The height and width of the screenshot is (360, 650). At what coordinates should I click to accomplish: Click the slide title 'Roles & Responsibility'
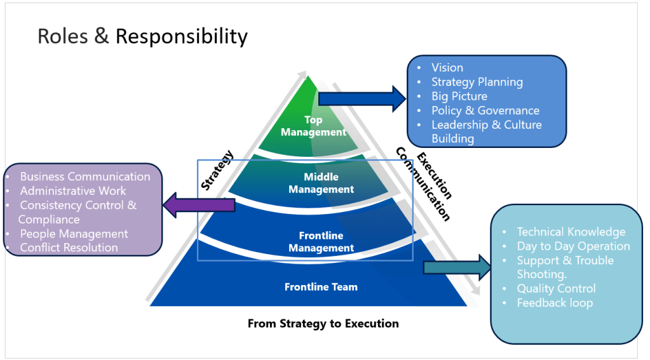[x=142, y=36]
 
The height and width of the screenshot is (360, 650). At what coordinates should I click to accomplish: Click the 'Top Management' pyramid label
[x=313, y=126]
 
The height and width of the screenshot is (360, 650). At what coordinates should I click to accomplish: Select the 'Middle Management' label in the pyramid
[x=321, y=183]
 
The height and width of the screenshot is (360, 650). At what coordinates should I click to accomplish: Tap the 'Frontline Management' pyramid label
[x=321, y=242]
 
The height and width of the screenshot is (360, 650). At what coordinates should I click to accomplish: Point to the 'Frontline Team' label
[x=321, y=287]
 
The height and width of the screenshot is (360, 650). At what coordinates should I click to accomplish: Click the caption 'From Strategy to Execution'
[x=323, y=324]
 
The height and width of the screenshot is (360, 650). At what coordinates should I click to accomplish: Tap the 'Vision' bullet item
[x=447, y=67]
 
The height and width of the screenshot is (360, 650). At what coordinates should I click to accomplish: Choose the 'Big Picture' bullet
[x=459, y=97]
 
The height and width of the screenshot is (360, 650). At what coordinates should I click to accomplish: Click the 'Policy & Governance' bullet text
[x=485, y=110]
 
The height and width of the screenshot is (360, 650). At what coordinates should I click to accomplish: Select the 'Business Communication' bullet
[x=85, y=177]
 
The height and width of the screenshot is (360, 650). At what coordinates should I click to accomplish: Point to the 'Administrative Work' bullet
[x=72, y=190]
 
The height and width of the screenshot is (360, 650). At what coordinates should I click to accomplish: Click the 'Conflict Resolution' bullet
[x=69, y=248]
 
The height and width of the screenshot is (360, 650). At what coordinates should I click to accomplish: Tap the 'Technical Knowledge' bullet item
[x=571, y=232]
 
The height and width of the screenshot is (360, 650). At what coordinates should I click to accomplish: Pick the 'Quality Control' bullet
[x=556, y=289]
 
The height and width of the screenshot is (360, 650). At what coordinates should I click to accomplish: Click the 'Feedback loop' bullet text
[x=554, y=303]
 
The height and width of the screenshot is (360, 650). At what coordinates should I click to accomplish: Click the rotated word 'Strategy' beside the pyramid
[x=217, y=170]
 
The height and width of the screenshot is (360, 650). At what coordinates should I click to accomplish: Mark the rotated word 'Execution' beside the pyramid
[x=435, y=175]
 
